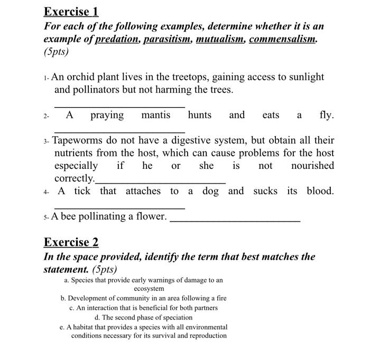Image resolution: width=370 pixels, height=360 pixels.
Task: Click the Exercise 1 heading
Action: coord(71,11)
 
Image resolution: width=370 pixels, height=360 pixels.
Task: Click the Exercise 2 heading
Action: coord(71,242)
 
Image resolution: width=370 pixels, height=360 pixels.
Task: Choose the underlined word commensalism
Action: coord(283,39)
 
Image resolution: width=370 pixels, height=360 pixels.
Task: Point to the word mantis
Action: coord(155,115)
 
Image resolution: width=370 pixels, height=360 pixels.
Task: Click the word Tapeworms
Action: coord(79,140)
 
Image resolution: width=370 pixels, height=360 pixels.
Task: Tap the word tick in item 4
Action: coord(82,191)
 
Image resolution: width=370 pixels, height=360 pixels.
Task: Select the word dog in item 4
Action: coord(210,191)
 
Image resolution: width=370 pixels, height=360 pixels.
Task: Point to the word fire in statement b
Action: coord(220,298)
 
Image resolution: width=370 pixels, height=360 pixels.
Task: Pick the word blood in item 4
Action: coord(320,191)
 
